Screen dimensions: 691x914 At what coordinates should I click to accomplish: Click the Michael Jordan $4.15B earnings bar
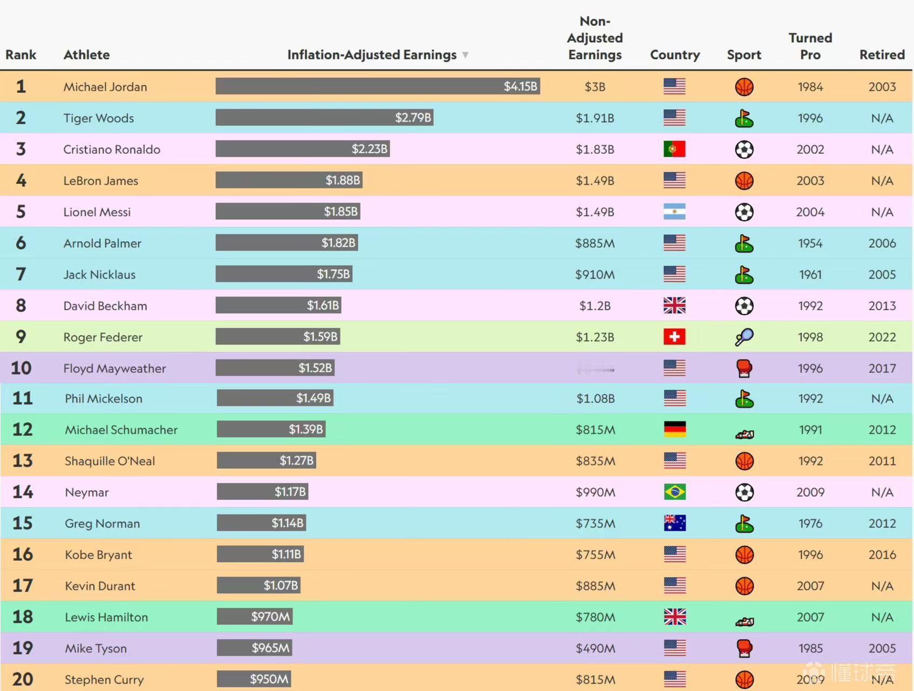[378, 86]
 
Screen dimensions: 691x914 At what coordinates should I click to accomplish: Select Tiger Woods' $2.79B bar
[324, 118]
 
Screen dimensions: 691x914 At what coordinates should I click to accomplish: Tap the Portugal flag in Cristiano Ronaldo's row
[674, 149]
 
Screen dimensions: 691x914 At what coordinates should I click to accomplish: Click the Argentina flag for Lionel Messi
[674, 212]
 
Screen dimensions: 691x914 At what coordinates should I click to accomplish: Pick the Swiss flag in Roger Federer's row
[674, 337]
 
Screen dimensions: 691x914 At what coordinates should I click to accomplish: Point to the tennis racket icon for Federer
[744, 337]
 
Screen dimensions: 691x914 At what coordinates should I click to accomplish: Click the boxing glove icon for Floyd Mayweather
[744, 368]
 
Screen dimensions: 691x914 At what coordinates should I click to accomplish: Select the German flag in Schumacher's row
[675, 430]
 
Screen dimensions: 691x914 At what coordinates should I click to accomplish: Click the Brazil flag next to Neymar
[675, 492]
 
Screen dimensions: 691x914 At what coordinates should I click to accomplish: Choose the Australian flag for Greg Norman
[675, 523]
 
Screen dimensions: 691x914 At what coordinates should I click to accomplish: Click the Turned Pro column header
[810, 46]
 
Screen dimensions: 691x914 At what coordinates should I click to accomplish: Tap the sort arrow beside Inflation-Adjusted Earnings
[466, 55]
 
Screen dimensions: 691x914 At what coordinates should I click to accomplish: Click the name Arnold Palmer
[103, 243]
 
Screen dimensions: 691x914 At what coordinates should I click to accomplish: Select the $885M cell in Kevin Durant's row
[595, 586]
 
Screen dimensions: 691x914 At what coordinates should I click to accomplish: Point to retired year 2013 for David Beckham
[882, 306]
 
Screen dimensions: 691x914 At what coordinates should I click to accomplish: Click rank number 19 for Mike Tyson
[23, 648]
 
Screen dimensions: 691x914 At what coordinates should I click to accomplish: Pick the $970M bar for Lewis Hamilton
[255, 617]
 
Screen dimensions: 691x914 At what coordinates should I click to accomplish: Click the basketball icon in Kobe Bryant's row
[745, 555]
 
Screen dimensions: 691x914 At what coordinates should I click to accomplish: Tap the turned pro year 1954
[810, 243]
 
